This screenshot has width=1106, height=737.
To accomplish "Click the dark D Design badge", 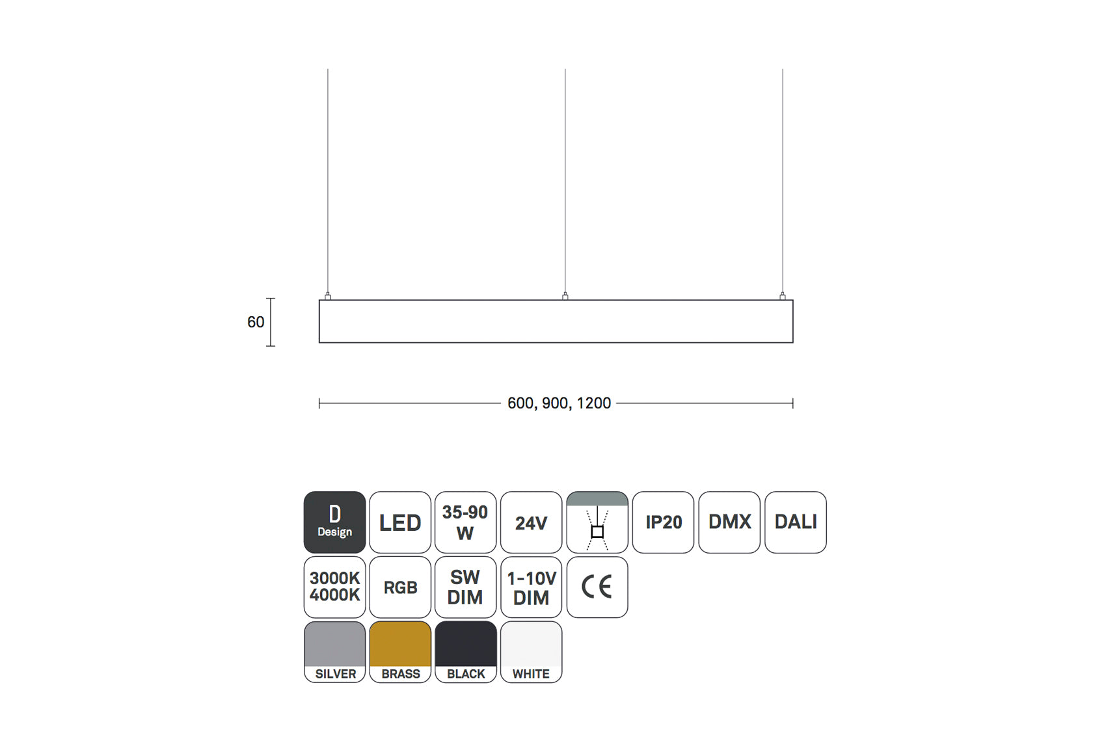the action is [335, 522].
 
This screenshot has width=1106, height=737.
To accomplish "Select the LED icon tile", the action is [400, 522].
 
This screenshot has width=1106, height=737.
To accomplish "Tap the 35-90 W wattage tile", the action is [466, 522].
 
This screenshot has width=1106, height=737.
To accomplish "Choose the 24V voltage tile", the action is [532, 522].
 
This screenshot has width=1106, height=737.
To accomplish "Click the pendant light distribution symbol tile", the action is [597, 522].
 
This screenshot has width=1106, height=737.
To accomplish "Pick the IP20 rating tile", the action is [663, 522].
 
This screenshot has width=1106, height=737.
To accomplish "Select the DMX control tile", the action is [729, 522].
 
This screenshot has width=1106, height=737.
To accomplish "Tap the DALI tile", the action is [796, 522].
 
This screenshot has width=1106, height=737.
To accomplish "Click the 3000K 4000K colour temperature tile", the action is [335, 587].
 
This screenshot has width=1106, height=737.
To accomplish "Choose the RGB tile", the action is [400, 587].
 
